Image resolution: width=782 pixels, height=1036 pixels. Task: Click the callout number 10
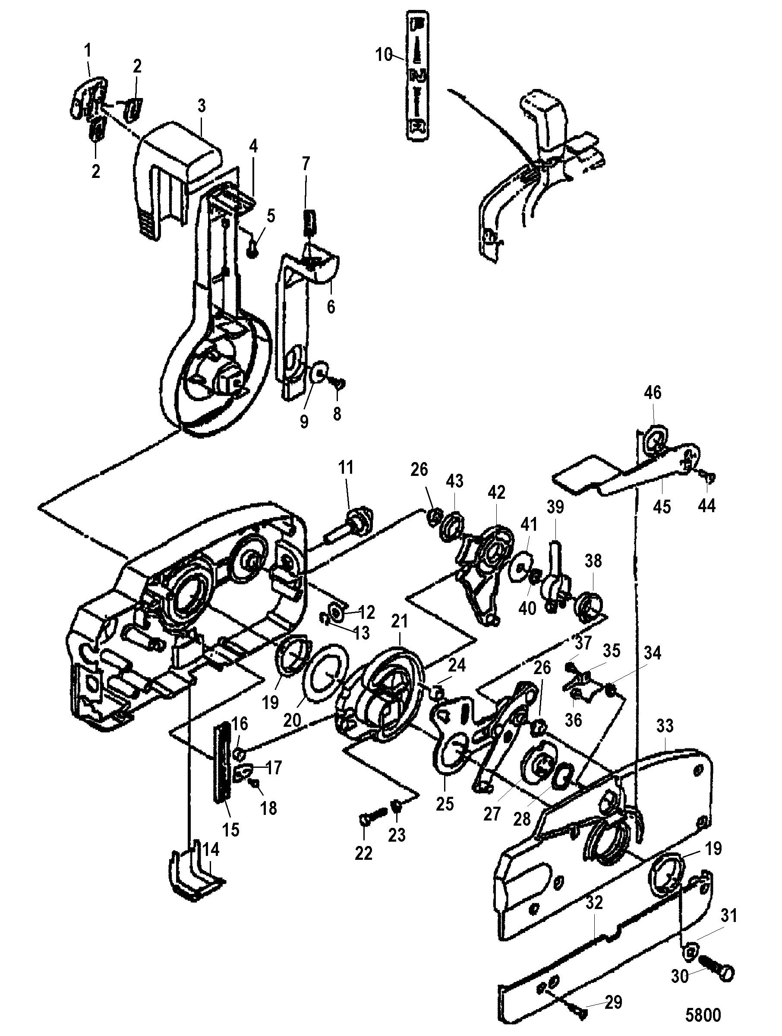[x=384, y=55]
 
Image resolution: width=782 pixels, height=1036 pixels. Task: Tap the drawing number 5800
[x=703, y=1014]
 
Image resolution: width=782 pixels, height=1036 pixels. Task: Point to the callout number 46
[x=653, y=392]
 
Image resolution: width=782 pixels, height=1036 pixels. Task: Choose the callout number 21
[x=400, y=621]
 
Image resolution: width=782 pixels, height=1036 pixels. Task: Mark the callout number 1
[x=88, y=50]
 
